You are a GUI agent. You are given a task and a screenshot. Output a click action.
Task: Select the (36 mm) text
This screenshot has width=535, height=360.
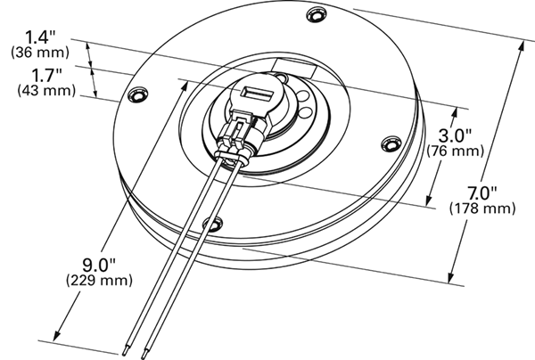[x=40, y=52]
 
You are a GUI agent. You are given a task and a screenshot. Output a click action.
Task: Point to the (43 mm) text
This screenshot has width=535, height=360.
[x=40, y=89]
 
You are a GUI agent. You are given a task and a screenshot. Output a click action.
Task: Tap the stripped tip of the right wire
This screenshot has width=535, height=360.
[x=146, y=353]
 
